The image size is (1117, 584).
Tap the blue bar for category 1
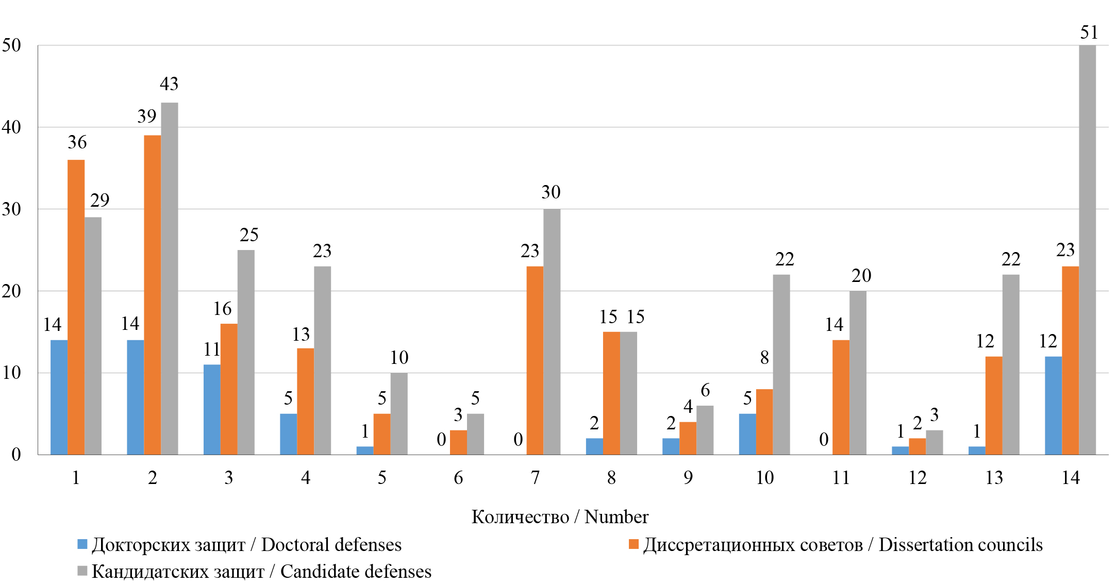59,397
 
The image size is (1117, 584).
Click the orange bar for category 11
841,397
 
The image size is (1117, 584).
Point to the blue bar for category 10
747,434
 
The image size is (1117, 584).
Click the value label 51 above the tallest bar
1089,32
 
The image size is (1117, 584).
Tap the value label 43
169,84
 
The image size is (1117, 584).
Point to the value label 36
77,142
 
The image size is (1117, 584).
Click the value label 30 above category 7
551,192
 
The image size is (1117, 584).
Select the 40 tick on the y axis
11,127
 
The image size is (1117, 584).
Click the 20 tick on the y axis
11,291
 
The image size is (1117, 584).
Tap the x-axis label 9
688,478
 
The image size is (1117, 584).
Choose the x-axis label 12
918,478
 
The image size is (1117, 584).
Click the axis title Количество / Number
560,517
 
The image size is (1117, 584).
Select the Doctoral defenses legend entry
246,545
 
